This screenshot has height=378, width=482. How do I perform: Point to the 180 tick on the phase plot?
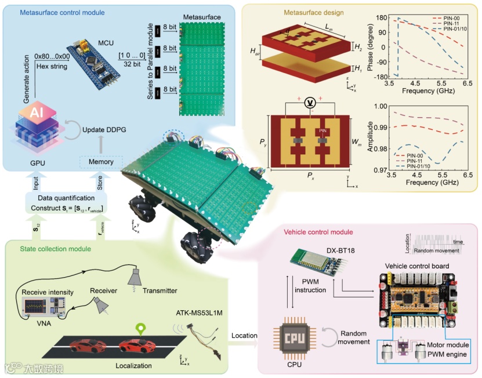382,18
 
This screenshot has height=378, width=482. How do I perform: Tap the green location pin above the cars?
139,331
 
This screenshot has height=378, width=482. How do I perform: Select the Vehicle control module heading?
318,232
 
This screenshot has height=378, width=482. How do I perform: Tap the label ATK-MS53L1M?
198,313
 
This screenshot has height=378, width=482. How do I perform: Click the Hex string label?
50,67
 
